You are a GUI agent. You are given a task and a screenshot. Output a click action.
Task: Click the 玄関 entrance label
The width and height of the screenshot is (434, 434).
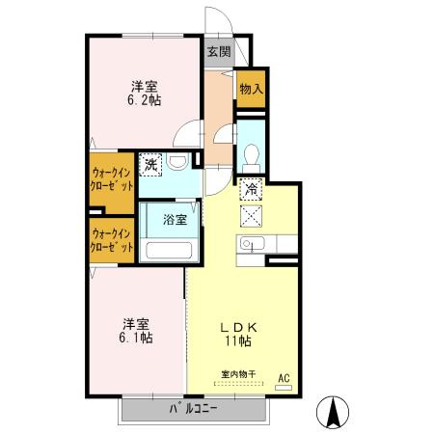tap(219, 51)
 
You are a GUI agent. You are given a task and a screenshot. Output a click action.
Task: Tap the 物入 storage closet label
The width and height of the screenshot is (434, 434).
tap(252, 89)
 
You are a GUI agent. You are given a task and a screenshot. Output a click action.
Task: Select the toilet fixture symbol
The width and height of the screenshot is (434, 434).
tap(252, 158)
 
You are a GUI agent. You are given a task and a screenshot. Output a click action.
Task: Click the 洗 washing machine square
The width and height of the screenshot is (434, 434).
tap(150, 165)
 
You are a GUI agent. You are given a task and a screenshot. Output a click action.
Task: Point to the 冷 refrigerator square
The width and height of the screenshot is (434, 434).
tap(251, 189)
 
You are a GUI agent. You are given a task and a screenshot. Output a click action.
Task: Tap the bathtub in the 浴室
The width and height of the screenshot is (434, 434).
tap(169, 250)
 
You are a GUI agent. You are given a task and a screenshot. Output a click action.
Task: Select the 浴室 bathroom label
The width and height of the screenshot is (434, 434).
tap(175, 220)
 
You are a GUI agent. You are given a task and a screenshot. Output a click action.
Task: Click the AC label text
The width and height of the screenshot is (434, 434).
tap(284, 378)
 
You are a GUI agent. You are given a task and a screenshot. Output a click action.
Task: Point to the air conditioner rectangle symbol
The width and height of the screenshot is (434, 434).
tap(284, 388)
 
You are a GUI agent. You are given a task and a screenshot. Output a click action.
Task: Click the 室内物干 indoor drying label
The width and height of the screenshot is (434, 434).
tap(238, 374)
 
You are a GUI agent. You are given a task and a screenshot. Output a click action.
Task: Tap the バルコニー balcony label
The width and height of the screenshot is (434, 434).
tap(193, 409)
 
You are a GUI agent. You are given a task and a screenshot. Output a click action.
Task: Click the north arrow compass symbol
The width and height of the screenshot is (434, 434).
tap(333, 413)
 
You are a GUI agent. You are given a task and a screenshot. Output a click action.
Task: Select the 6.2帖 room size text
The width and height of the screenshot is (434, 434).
tap(145, 100)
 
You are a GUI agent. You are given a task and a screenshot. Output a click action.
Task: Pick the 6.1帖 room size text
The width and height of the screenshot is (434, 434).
tap(136, 338)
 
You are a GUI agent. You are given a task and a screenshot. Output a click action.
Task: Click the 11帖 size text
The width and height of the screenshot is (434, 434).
tap(238, 340)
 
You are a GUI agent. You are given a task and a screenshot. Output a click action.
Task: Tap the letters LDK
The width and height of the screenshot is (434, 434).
tap(238, 328)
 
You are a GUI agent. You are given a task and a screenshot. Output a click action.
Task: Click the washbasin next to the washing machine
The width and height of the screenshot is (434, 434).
tap(178, 161)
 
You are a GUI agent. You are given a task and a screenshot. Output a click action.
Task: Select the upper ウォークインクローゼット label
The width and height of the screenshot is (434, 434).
tap(112, 179)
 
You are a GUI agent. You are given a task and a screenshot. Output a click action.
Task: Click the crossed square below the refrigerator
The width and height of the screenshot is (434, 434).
tap(251, 216)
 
